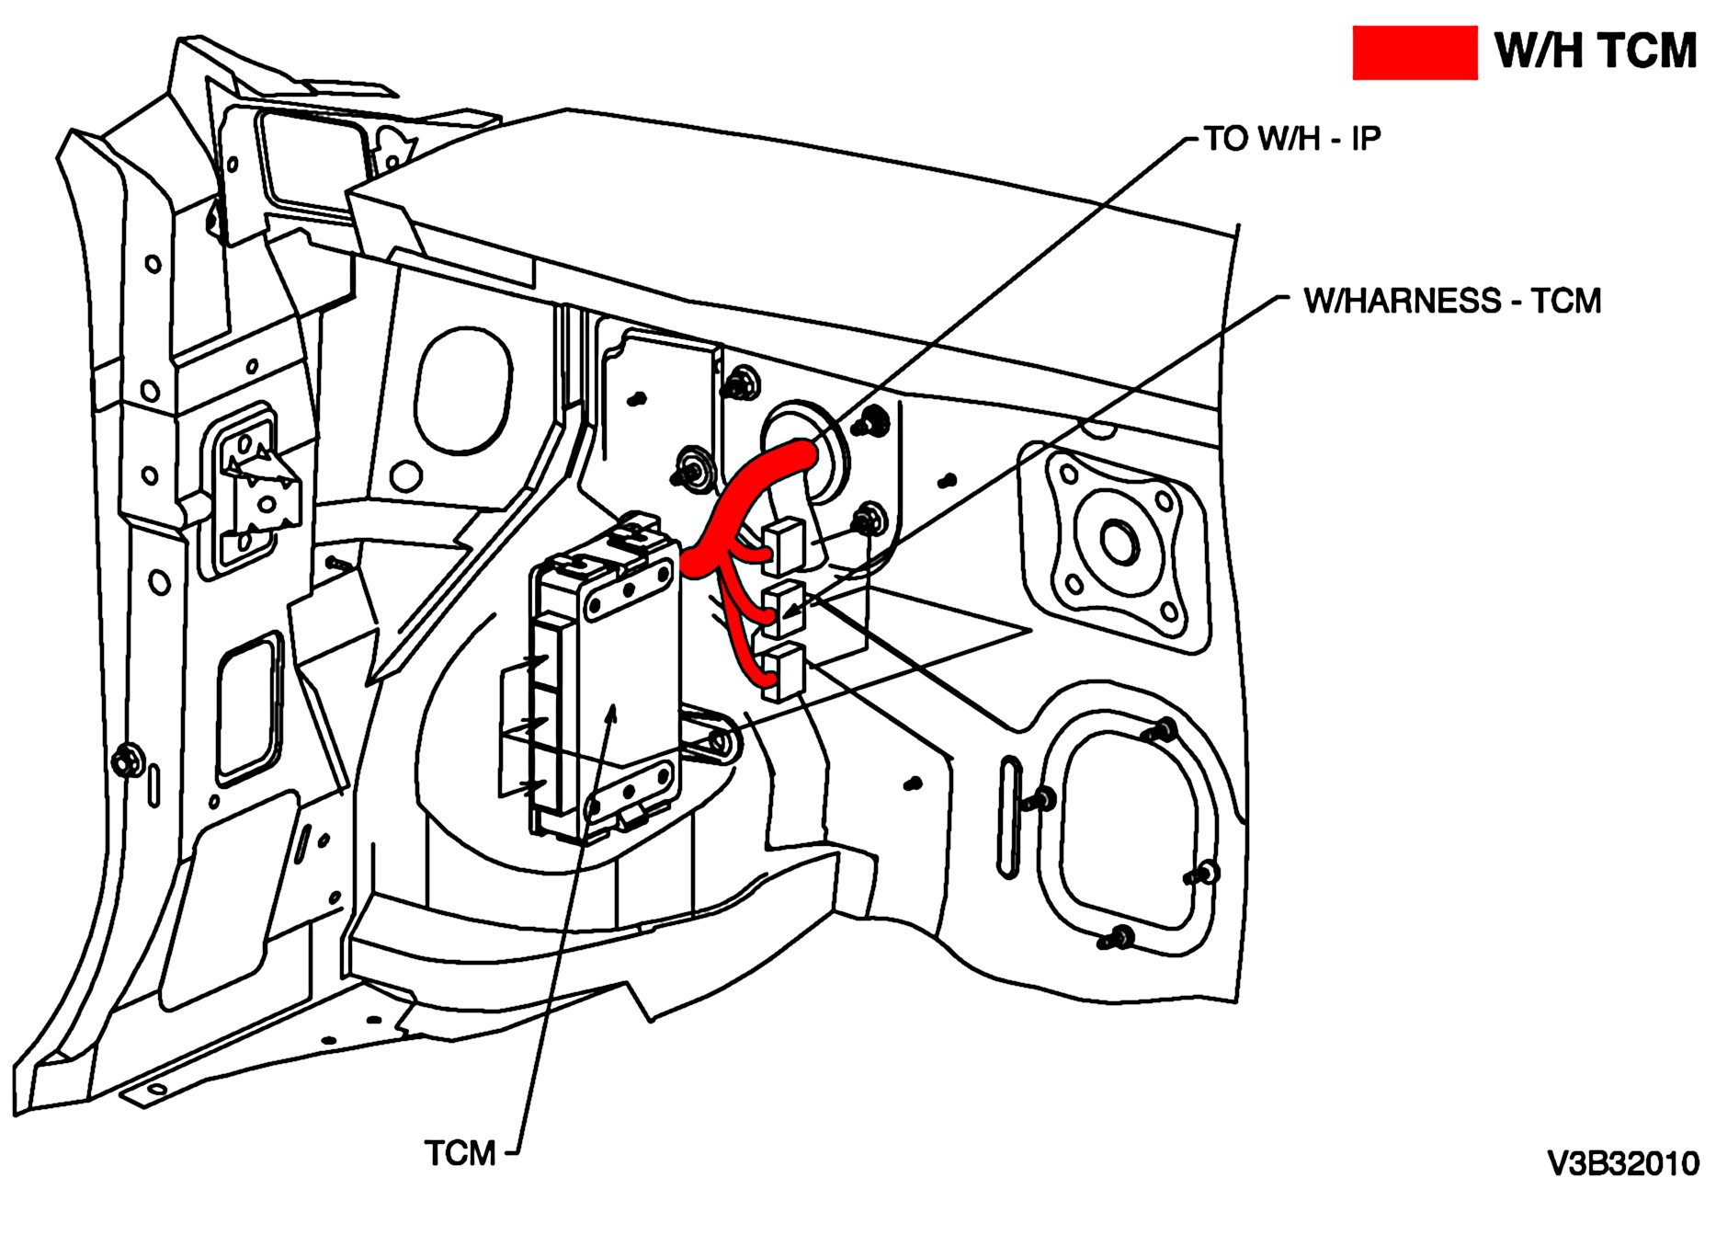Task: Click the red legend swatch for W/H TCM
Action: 1414,53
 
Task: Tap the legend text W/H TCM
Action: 1596,51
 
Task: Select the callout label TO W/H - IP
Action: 1292,139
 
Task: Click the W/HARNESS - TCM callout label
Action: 1451,302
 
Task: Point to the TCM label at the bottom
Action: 460,1153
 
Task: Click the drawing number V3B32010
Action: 1623,1164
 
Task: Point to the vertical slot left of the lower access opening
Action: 1009,817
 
